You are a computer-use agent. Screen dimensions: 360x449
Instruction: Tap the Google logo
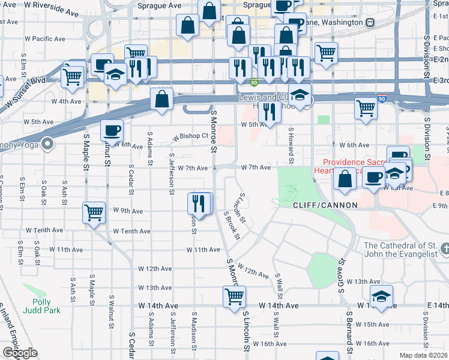click(20, 353)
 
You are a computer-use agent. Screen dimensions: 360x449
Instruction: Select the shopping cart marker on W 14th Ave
click(234, 296)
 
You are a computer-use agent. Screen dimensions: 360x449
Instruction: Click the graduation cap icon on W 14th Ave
click(381, 297)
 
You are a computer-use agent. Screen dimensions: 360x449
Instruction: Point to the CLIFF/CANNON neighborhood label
click(325, 205)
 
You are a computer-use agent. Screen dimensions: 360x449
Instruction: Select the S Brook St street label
click(232, 225)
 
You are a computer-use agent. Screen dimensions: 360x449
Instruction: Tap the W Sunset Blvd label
click(23, 89)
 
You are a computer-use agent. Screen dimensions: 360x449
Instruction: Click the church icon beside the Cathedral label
click(444, 248)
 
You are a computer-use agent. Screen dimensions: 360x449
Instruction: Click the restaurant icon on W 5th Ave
click(269, 112)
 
